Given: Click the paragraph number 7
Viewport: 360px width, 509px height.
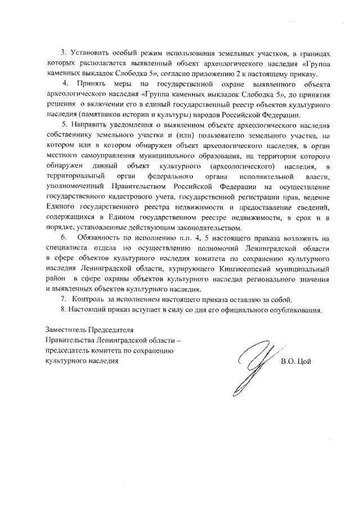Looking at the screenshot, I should [64, 299].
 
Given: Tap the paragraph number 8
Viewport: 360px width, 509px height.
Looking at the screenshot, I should [64, 309].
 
